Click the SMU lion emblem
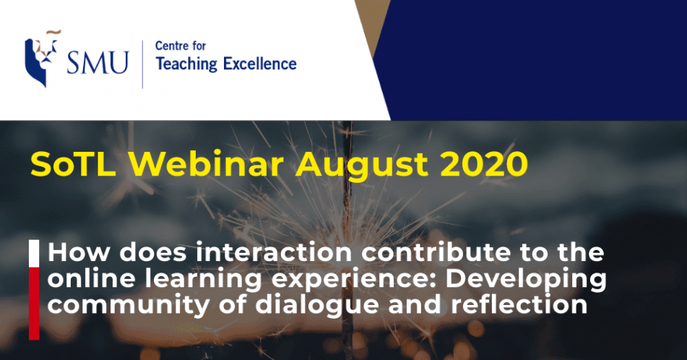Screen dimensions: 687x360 coord(41,59)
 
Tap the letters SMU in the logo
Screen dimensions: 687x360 coord(98,63)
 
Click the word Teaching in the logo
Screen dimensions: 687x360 coord(186,64)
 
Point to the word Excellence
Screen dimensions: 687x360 coord(260,64)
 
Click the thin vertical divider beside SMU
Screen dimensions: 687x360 coord(142,64)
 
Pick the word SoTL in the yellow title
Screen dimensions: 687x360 coord(73,165)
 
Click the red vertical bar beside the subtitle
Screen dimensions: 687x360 coord(34,304)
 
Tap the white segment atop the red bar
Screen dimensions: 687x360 coord(34,254)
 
